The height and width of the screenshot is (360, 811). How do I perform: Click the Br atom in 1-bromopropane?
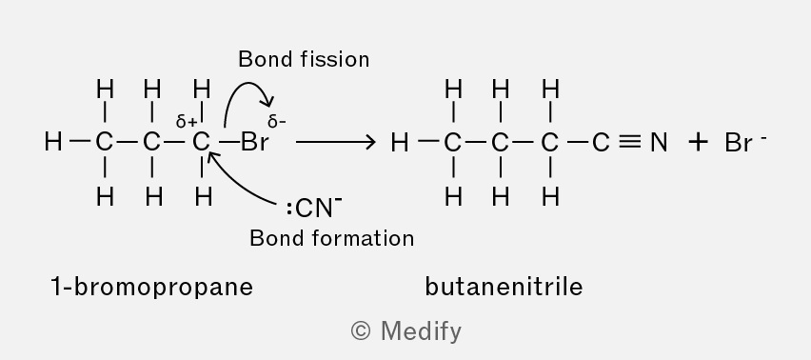pyautogui.click(x=254, y=142)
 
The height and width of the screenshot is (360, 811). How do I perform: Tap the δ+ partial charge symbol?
pyautogui.click(x=187, y=122)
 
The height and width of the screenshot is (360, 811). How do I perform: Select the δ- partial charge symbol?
pyautogui.click(x=277, y=122)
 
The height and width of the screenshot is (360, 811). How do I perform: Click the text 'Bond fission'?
pyautogui.click(x=304, y=59)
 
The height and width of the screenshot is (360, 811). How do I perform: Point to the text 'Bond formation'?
pyautogui.click(x=331, y=238)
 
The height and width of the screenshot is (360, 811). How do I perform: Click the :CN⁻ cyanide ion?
pyautogui.click(x=314, y=208)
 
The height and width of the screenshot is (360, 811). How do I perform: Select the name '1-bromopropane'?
pyautogui.click(x=152, y=287)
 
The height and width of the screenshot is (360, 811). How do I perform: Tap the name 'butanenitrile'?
pyautogui.click(x=504, y=287)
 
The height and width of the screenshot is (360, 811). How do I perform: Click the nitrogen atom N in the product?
pyautogui.click(x=659, y=142)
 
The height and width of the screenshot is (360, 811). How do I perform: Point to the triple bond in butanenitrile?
pyautogui.click(x=630, y=142)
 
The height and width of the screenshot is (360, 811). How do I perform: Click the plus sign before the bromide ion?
pyautogui.click(x=698, y=142)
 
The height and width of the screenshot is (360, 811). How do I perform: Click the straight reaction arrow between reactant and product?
pyautogui.click(x=336, y=142)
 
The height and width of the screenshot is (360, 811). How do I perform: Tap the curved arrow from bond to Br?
pyautogui.click(x=247, y=85)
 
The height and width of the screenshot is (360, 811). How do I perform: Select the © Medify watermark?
pyautogui.click(x=406, y=331)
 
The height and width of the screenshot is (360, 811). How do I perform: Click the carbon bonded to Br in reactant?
pyautogui.click(x=201, y=142)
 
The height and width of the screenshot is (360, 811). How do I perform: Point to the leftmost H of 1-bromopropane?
pyautogui.click(x=53, y=142)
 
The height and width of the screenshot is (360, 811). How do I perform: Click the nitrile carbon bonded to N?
pyautogui.click(x=600, y=142)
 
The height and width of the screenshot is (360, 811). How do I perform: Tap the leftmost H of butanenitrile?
pyautogui.click(x=400, y=142)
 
